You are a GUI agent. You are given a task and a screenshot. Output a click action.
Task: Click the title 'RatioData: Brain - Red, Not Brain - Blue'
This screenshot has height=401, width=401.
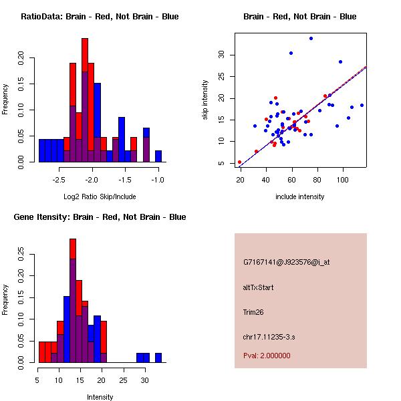(x=100, y=17)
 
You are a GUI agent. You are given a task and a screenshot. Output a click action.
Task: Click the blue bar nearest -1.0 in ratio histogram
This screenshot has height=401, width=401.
(x=158, y=156)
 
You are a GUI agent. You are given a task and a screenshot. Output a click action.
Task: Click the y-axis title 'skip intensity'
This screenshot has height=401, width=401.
(x=206, y=100)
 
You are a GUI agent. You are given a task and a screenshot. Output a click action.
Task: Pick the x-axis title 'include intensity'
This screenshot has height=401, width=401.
(x=300, y=196)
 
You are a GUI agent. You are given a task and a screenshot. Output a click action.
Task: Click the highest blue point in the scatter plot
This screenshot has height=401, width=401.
(x=311, y=39)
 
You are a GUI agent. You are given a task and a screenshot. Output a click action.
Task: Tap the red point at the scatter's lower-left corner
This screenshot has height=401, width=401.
(x=239, y=162)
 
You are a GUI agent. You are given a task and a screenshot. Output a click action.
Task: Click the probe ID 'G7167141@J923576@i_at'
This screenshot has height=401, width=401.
(x=287, y=262)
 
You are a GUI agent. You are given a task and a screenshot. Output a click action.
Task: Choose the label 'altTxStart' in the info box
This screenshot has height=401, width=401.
(x=259, y=287)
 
